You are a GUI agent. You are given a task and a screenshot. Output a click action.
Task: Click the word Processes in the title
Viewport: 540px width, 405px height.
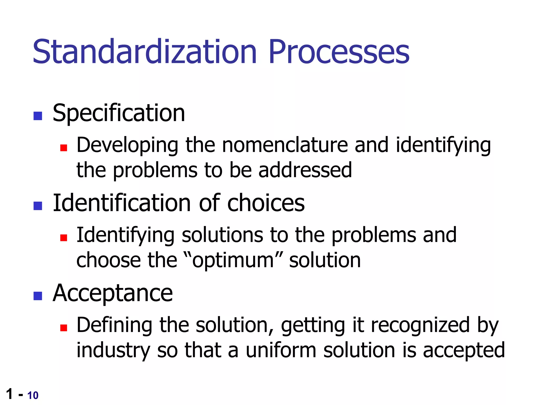click(x=339, y=52)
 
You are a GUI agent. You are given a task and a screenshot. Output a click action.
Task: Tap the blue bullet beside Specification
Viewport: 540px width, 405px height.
click(x=38, y=116)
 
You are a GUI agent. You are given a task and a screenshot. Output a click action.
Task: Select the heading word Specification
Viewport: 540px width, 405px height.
click(x=119, y=113)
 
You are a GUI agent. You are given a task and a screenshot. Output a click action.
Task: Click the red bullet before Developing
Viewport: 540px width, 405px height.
click(x=64, y=148)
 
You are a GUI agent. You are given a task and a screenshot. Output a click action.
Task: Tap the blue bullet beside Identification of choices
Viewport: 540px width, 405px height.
click(x=38, y=206)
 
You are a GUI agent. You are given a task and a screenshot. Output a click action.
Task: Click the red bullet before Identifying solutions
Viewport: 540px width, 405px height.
click(x=64, y=238)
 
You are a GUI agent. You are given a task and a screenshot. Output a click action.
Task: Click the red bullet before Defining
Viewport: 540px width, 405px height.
click(x=64, y=328)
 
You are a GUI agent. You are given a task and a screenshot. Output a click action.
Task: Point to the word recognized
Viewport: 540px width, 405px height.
click(x=420, y=325)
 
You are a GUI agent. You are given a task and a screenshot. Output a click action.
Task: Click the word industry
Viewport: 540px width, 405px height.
click(x=113, y=351)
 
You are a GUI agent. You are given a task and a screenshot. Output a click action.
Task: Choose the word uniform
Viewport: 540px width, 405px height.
click(x=281, y=351)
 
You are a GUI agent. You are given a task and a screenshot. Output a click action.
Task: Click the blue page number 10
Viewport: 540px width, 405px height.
click(x=33, y=396)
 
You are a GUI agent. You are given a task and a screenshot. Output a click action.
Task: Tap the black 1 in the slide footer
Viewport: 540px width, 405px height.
click(x=9, y=394)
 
